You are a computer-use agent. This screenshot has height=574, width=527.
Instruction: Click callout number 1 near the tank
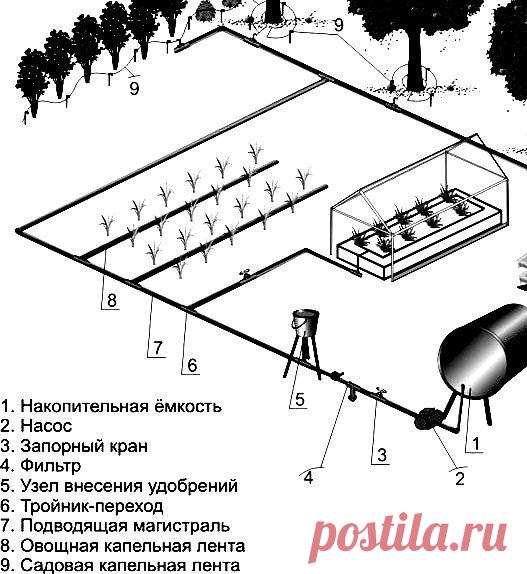pos(476,444)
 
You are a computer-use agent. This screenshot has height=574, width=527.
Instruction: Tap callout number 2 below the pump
pos(460,478)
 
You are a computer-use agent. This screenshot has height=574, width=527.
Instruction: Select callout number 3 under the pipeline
pos(382,455)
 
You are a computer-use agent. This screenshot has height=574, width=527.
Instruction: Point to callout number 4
pos(309,478)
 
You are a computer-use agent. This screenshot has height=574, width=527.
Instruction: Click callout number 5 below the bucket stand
pos(300,399)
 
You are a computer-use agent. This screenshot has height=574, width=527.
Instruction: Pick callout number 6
pos(193,365)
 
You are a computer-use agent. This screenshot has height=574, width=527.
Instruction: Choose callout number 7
pos(158,348)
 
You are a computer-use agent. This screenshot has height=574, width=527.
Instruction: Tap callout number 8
pos(112,300)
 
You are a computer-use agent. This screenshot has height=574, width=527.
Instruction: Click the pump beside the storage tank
pos(426,420)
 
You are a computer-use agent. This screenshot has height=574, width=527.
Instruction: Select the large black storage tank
pos(484,351)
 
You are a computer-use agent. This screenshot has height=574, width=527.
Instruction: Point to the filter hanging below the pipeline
pos(352,394)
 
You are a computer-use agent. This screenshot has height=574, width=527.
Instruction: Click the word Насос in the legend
pos(46,426)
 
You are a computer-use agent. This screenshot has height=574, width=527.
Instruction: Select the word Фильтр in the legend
pos(51,466)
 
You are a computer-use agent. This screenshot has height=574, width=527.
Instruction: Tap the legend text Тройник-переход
pos(91,506)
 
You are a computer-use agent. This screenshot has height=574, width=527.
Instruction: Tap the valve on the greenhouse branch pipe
pos(244,274)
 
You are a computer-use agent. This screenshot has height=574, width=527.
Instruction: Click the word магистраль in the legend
pos(182,526)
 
